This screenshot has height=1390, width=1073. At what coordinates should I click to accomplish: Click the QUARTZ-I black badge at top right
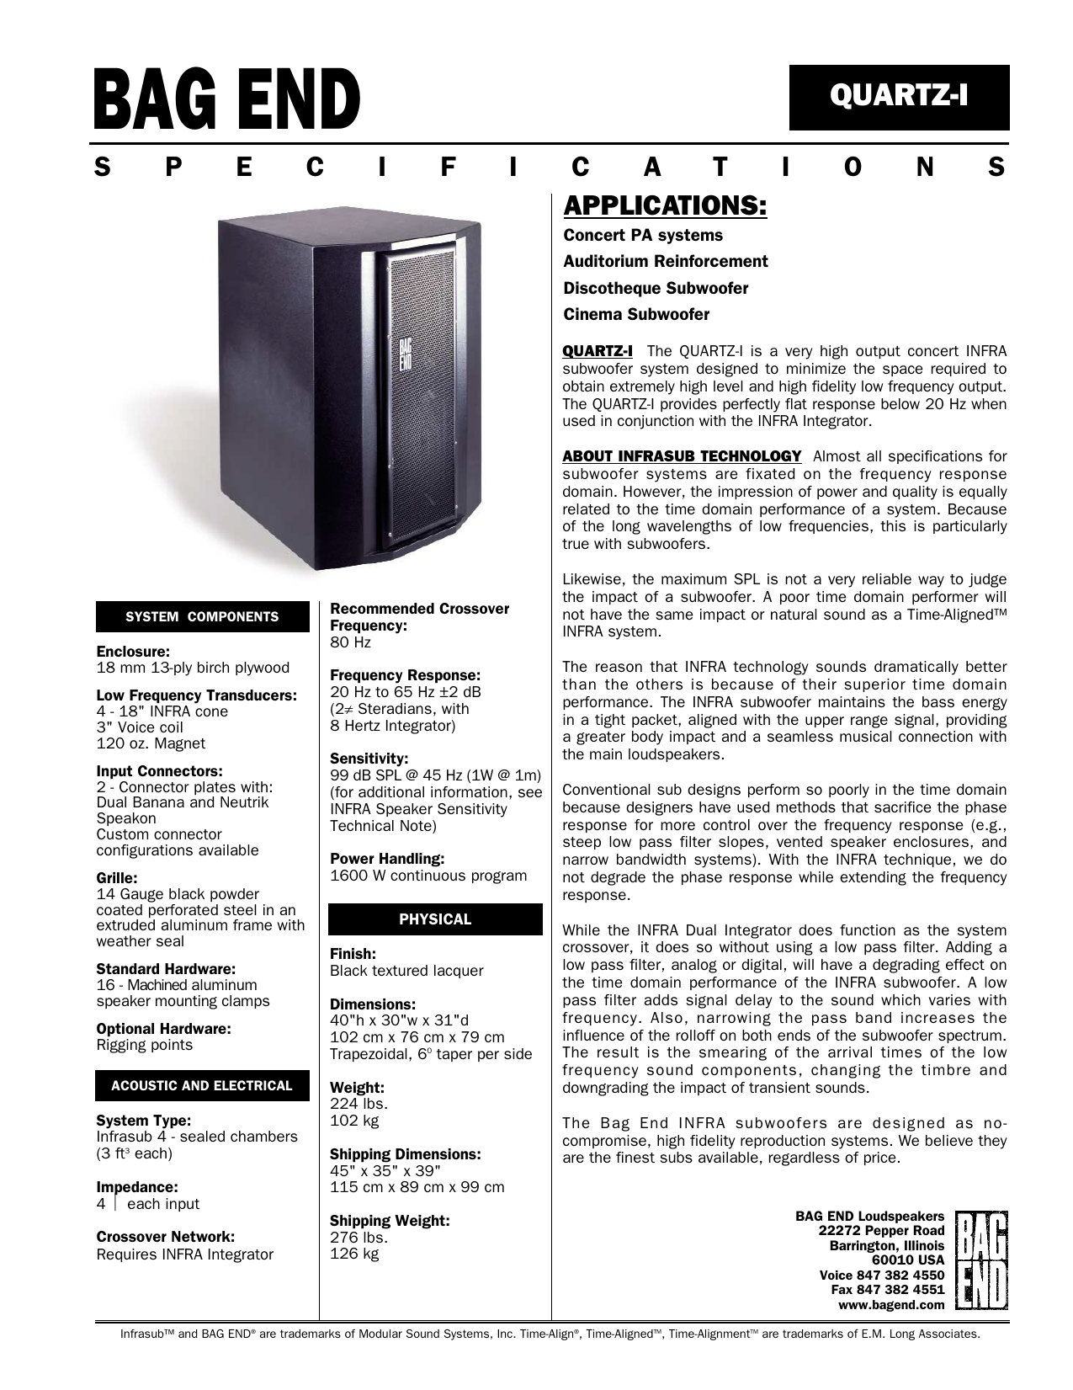click(x=899, y=97)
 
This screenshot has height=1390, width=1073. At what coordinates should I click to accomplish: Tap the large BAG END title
click(x=227, y=100)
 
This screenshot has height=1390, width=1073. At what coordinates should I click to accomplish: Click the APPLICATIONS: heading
click(x=665, y=206)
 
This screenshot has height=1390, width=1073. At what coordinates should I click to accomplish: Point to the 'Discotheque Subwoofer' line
click(x=656, y=289)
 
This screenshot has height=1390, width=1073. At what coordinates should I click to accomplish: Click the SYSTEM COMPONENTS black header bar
click(x=202, y=617)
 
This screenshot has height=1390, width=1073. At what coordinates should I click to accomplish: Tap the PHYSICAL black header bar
click(x=435, y=919)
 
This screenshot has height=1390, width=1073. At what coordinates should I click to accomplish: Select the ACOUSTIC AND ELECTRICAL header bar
click(x=202, y=1086)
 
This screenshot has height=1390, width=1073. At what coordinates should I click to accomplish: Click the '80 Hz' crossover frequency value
click(x=350, y=642)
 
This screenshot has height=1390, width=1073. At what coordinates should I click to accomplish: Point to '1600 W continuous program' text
click(x=428, y=876)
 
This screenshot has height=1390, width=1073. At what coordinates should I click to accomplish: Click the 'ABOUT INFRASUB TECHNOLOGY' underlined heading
click(x=682, y=456)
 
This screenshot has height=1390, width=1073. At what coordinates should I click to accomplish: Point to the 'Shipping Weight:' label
click(x=390, y=1221)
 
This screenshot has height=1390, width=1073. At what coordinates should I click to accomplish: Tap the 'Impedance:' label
click(x=137, y=1187)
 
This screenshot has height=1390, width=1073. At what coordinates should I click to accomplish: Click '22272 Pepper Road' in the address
click(x=881, y=1231)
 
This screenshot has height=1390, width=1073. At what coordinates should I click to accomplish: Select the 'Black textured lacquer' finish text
click(x=406, y=971)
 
